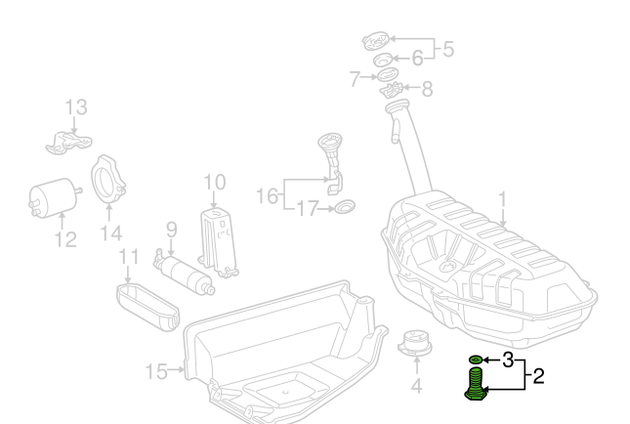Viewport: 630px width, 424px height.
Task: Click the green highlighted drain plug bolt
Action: click(475, 382)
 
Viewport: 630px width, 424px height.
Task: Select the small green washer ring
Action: click(476, 360)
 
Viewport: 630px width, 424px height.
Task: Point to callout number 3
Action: click(507, 360)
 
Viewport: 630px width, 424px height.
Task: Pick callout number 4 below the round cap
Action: click(416, 385)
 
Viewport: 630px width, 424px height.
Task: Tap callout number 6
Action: click(417, 58)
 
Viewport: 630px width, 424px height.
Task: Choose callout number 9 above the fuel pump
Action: click(170, 231)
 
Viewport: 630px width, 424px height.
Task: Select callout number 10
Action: click(214, 182)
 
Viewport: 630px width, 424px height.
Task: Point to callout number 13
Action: click(76, 106)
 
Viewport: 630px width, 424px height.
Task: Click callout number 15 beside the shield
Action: click(157, 370)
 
